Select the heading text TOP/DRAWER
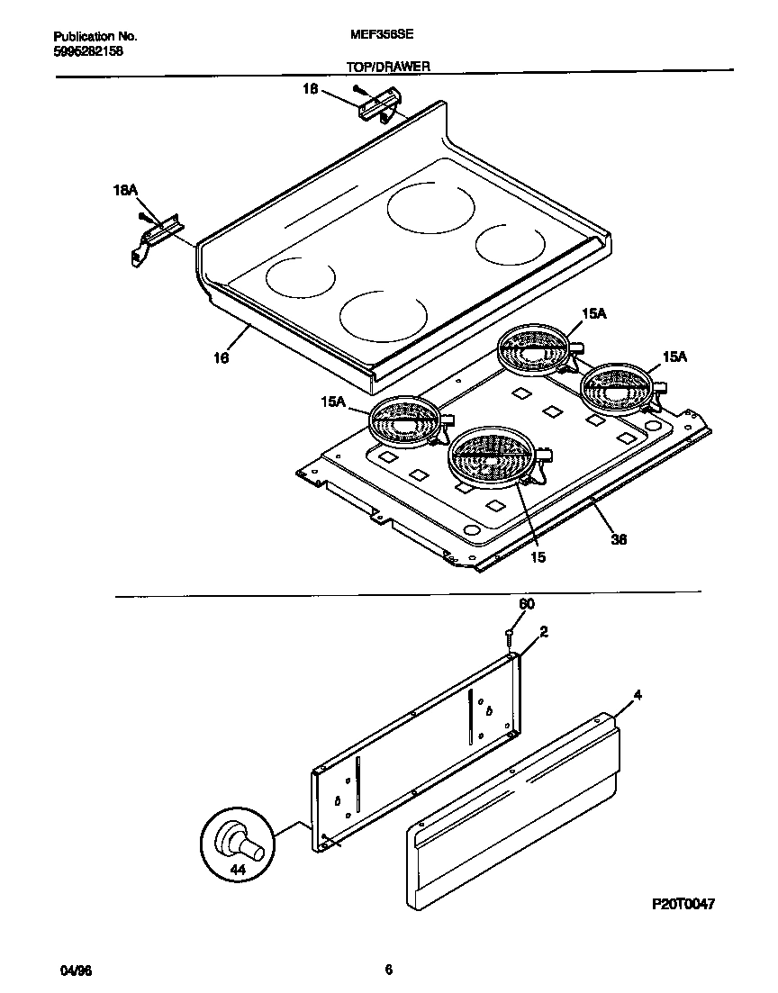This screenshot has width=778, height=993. coord(388,67)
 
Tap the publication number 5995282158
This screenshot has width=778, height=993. coord(88,51)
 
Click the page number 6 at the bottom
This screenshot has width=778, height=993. coord(388,970)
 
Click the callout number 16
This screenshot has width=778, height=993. coord(221,357)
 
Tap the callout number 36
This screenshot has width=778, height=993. coord(619,539)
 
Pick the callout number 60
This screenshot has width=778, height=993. coord(527,604)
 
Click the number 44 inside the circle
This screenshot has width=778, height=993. coord(238,870)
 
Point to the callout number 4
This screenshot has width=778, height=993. coord(638,695)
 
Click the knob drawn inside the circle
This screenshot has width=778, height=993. coord(240,842)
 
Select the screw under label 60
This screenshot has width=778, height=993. coord(510,638)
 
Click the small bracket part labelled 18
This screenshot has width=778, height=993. coord(376,106)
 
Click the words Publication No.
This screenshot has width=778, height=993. coord(95,37)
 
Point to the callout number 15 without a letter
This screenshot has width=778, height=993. coord(538,557)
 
